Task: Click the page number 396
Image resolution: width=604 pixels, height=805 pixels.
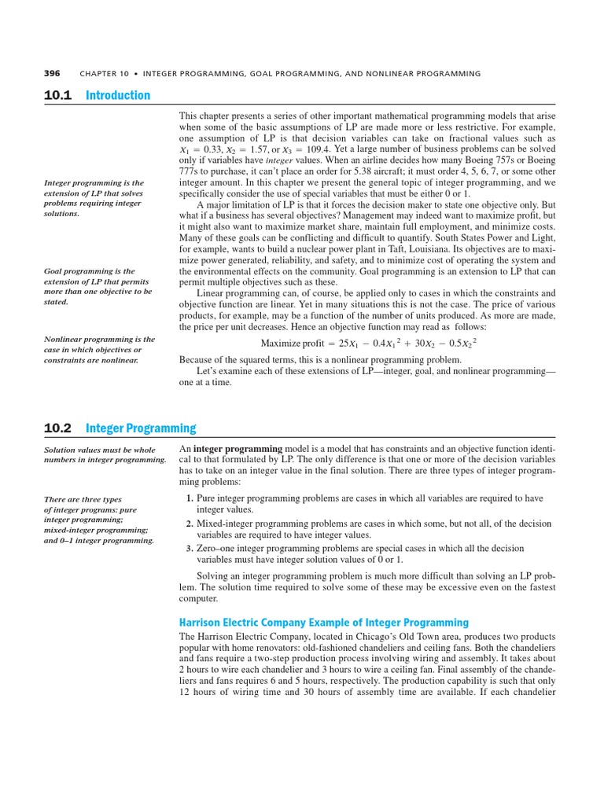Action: (x=53, y=73)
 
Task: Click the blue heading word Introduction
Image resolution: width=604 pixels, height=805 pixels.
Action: (x=118, y=95)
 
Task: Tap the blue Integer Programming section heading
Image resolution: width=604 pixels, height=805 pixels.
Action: (x=141, y=428)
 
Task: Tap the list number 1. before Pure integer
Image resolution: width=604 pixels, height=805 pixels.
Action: (x=190, y=498)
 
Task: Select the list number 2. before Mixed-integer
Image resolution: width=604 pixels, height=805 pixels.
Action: (x=190, y=524)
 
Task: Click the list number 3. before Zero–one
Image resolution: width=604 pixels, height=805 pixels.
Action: (x=190, y=548)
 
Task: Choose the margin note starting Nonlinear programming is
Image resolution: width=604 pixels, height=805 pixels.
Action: (x=98, y=349)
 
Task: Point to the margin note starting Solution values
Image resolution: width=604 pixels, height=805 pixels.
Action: (x=105, y=454)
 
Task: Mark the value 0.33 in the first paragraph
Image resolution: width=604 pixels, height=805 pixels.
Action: (x=211, y=149)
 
